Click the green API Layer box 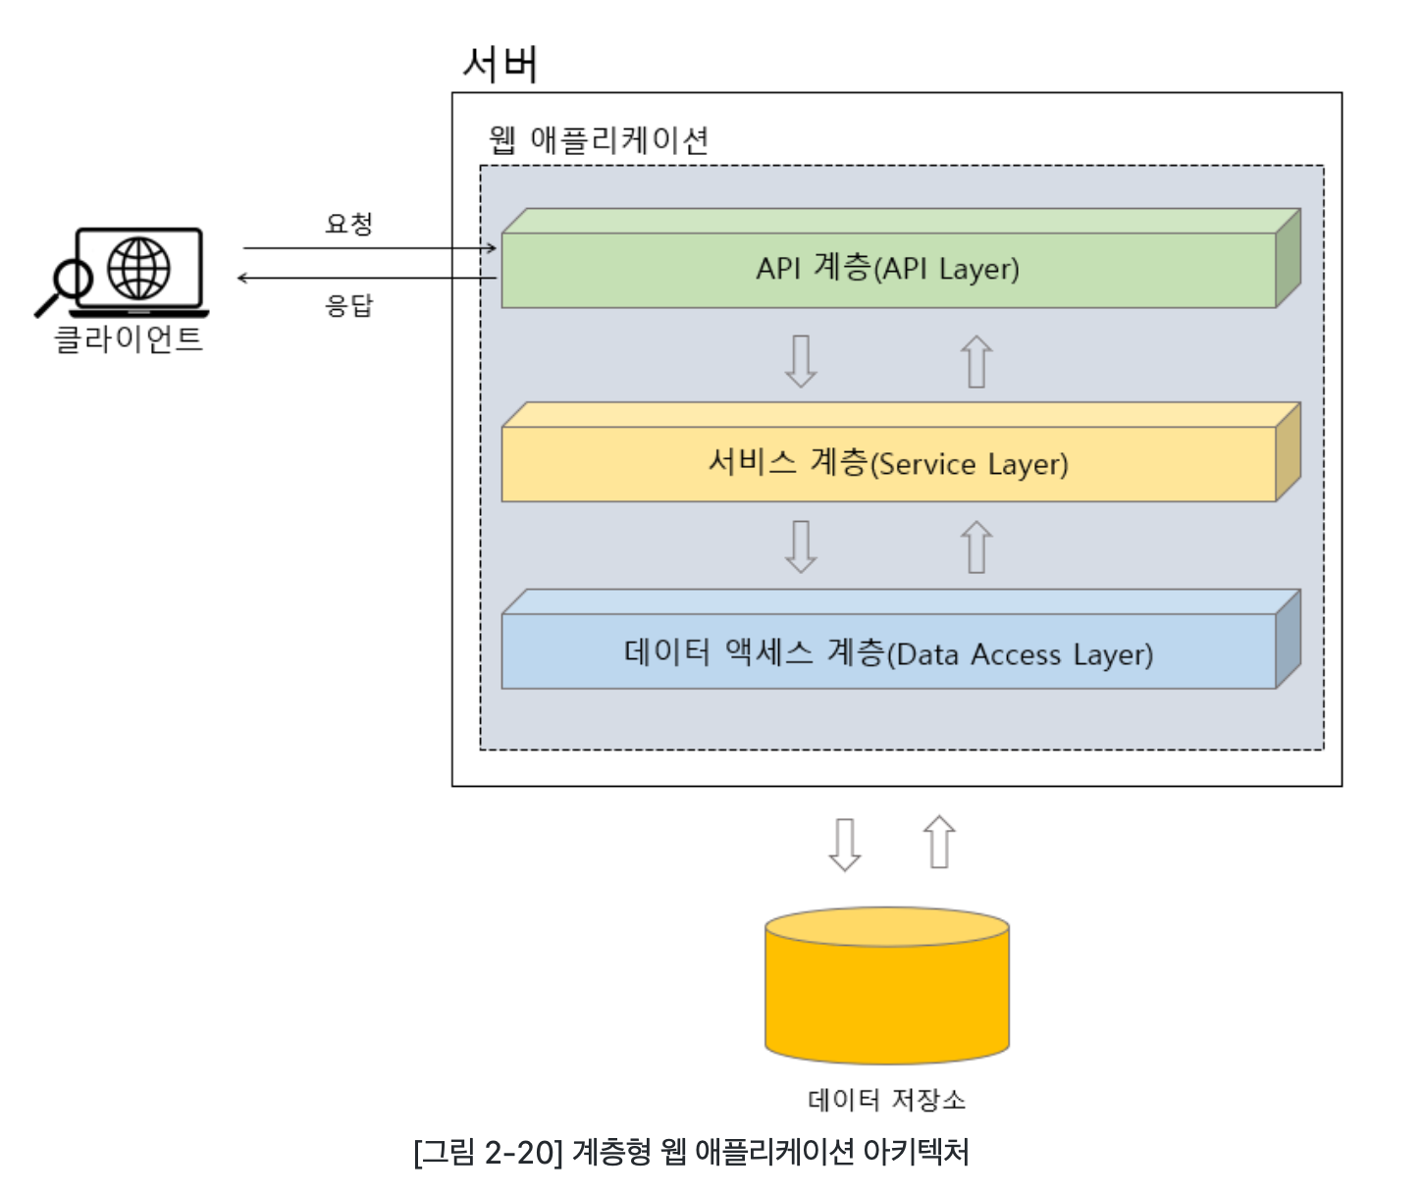(x=900, y=258)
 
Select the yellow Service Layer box (x=900, y=452)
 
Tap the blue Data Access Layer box (x=900, y=640)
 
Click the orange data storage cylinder (x=886, y=985)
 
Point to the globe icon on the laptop (x=138, y=269)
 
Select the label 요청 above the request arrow (x=349, y=224)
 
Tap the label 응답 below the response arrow (x=349, y=305)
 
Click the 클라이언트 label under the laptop (x=129, y=338)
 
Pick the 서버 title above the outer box (x=501, y=65)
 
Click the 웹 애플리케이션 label (x=599, y=140)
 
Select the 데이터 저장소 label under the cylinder (x=886, y=1100)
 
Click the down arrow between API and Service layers (x=801, y=361)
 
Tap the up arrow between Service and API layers (x=976, y=361)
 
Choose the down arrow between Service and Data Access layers (x=801, y=546)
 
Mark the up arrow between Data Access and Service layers (x=976, y=546)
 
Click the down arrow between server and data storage (x=845, y=845)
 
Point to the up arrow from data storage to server (x=939, y=842)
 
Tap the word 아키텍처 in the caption (x=916, y=1152)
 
